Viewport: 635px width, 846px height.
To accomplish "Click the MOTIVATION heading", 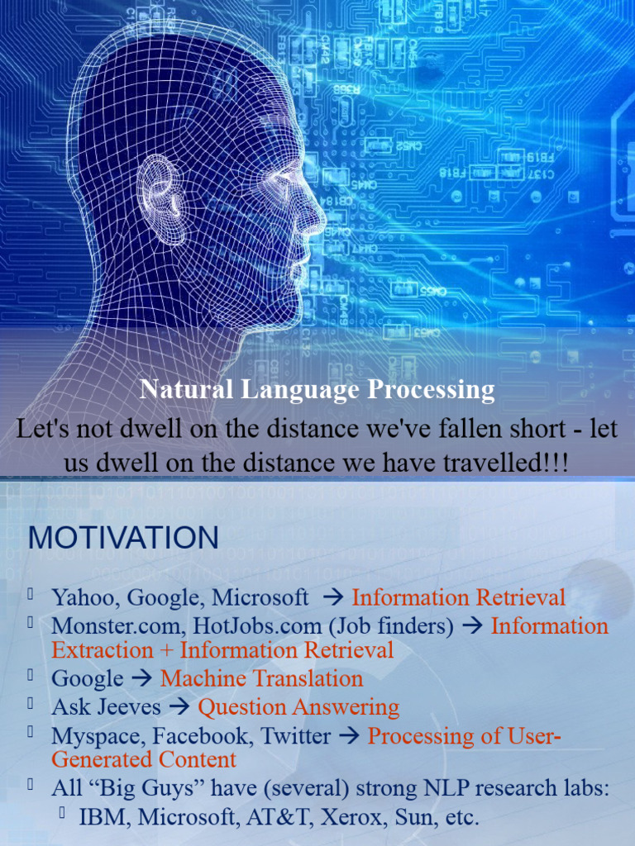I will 123,538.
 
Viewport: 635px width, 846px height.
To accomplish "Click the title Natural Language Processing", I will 317,389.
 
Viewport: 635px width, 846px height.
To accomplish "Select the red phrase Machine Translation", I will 261,679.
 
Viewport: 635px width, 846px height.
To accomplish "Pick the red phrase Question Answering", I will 298,707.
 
